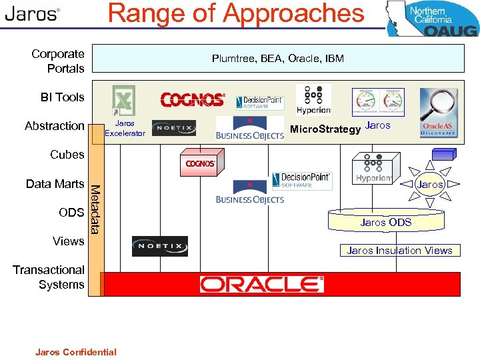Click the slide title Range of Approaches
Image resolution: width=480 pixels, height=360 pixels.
(236, 14)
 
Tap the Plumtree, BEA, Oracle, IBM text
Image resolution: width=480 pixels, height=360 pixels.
(277, 59)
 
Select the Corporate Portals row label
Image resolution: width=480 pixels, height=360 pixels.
(58, 61)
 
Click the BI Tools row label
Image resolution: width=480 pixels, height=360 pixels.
(63, 97)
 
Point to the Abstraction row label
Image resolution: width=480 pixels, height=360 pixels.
(55, 126)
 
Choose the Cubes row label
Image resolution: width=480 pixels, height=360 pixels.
(67, 155)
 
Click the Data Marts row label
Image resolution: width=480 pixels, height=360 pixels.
(55, 184)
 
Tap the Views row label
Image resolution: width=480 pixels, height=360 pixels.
(69, 241)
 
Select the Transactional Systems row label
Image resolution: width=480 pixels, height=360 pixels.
(49, 277)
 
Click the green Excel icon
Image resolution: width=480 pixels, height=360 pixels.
(123, 99)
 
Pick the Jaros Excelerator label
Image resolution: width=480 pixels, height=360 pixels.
(125, 128)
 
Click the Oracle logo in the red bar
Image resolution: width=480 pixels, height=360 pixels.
(261, 284)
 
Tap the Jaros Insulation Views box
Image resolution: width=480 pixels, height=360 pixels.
(399, 251)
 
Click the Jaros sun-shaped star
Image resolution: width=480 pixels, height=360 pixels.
(430, 184)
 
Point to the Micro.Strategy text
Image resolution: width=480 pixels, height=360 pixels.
(325, 129)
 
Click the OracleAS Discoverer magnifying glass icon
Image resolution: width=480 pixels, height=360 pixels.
(438, 113)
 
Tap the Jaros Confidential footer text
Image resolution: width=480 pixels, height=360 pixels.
(75, 352)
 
